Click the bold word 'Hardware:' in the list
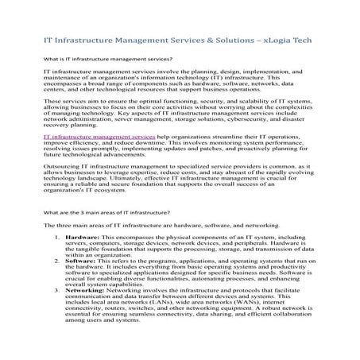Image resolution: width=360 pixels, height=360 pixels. pos(82,238)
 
